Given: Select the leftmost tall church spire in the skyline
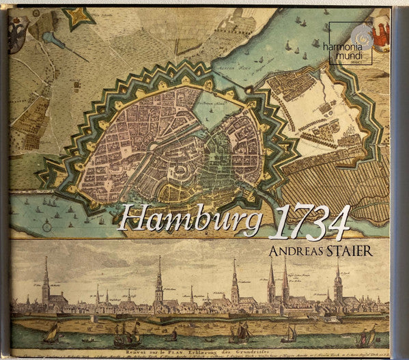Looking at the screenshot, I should [x=46, y=280].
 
